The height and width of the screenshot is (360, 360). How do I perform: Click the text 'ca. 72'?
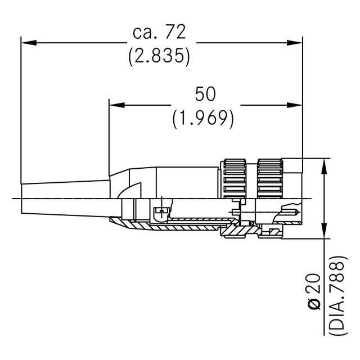[x=159, y=33]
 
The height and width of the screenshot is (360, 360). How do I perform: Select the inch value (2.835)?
[x=159, y=56]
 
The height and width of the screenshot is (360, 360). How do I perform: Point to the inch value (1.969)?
[x=203, y=118]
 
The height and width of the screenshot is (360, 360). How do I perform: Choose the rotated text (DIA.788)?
[x=336, y=298]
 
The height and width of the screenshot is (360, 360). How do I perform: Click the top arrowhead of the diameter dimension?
[x=325, y=164]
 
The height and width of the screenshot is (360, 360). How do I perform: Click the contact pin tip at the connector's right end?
[x=291, y=212]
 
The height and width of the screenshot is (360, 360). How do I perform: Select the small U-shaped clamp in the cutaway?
[x=161, y=213]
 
